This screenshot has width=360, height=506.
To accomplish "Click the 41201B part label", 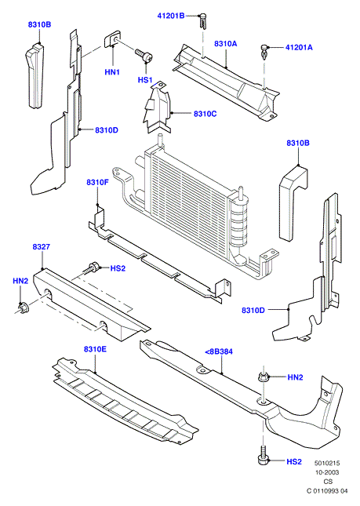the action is [x=171, y=16].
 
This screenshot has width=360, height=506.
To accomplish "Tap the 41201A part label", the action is [x=299, y=47].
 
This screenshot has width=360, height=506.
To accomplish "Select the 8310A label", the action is [x=225, y=44].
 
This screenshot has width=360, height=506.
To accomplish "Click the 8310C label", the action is [x=205, y=114].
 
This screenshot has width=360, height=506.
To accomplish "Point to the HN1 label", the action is [x=112, y=72].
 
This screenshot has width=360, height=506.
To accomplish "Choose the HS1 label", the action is [x=145, y=79].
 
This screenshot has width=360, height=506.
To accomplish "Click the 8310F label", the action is [x=97, y=182].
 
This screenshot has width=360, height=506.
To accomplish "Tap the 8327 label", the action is [x=42, y=247].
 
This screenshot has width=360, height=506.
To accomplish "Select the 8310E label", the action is [x=95, y=349].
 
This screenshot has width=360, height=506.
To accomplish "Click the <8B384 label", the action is [x=219, y=351].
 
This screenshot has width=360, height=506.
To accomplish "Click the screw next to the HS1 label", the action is [x=144, y=56].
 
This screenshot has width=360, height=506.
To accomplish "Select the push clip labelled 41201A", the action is [x=264, y=53].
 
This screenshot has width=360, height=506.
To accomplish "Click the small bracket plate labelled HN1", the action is [x=112, y=38].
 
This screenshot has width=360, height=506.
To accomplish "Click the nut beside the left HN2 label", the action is [x=24, y=308].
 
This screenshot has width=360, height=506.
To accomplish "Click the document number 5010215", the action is [x=327, y=463].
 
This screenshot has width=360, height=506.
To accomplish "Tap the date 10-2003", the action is [x=327, y=472].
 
